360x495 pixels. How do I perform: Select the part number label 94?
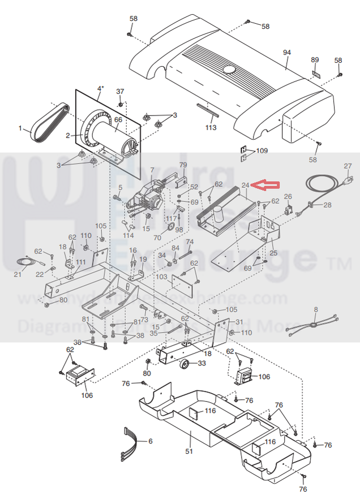coord(286,53)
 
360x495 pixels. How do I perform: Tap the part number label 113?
coord(211,128)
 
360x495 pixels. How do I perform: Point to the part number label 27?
coord(348,166)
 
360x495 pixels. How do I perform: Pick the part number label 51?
coord(189,451)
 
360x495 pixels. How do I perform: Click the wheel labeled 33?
coord(185,365)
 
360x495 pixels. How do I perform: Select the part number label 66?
coord(118,120)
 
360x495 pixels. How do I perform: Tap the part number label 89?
coord(315,60)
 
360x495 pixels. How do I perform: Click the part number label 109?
coord(262,151)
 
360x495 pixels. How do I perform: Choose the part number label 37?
coord(120,92)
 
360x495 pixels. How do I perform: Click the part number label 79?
coord(183,165)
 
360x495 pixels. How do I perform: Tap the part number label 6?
coord(150,441)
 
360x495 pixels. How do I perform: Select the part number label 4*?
coord(101,88)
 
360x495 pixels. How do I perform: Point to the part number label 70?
coord(157,238)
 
